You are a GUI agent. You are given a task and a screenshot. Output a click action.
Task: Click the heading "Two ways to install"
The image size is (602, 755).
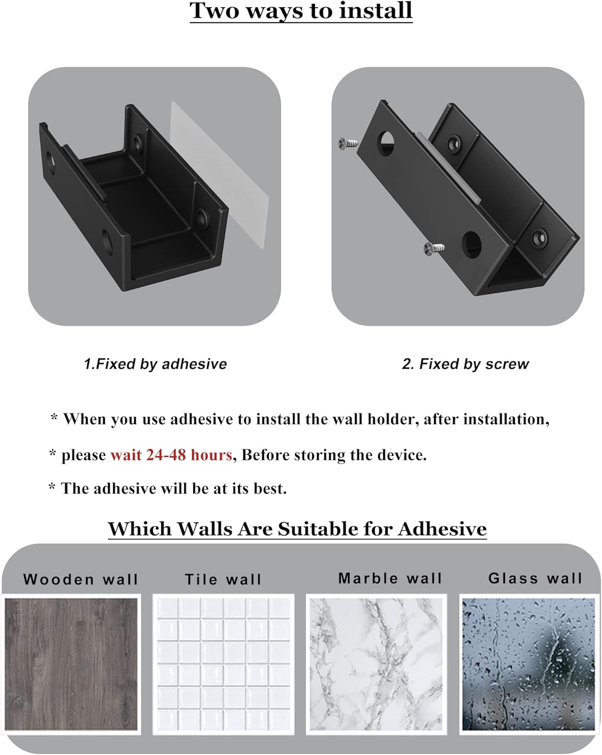point(301,11)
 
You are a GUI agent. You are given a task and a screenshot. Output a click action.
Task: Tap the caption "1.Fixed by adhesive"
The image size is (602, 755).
point(155,364)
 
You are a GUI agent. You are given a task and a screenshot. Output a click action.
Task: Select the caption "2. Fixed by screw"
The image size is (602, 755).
point(465,364)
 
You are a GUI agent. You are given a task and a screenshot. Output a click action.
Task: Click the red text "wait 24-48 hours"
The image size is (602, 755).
point(171,455)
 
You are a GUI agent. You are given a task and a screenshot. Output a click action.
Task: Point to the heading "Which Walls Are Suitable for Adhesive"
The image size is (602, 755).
point(297,529)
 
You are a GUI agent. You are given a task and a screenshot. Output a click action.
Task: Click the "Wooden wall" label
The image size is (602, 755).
point(81,579)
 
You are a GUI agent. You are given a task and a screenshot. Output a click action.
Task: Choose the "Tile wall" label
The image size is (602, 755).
point(223,579)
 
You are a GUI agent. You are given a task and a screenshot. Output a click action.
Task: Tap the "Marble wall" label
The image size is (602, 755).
point(390,578)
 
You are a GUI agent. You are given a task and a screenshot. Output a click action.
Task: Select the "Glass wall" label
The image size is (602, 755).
point(535,578)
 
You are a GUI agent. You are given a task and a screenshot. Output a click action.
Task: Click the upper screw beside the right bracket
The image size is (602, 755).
point(348,143)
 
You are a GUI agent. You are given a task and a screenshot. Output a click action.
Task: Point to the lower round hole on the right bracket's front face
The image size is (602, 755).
point(472,244)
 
